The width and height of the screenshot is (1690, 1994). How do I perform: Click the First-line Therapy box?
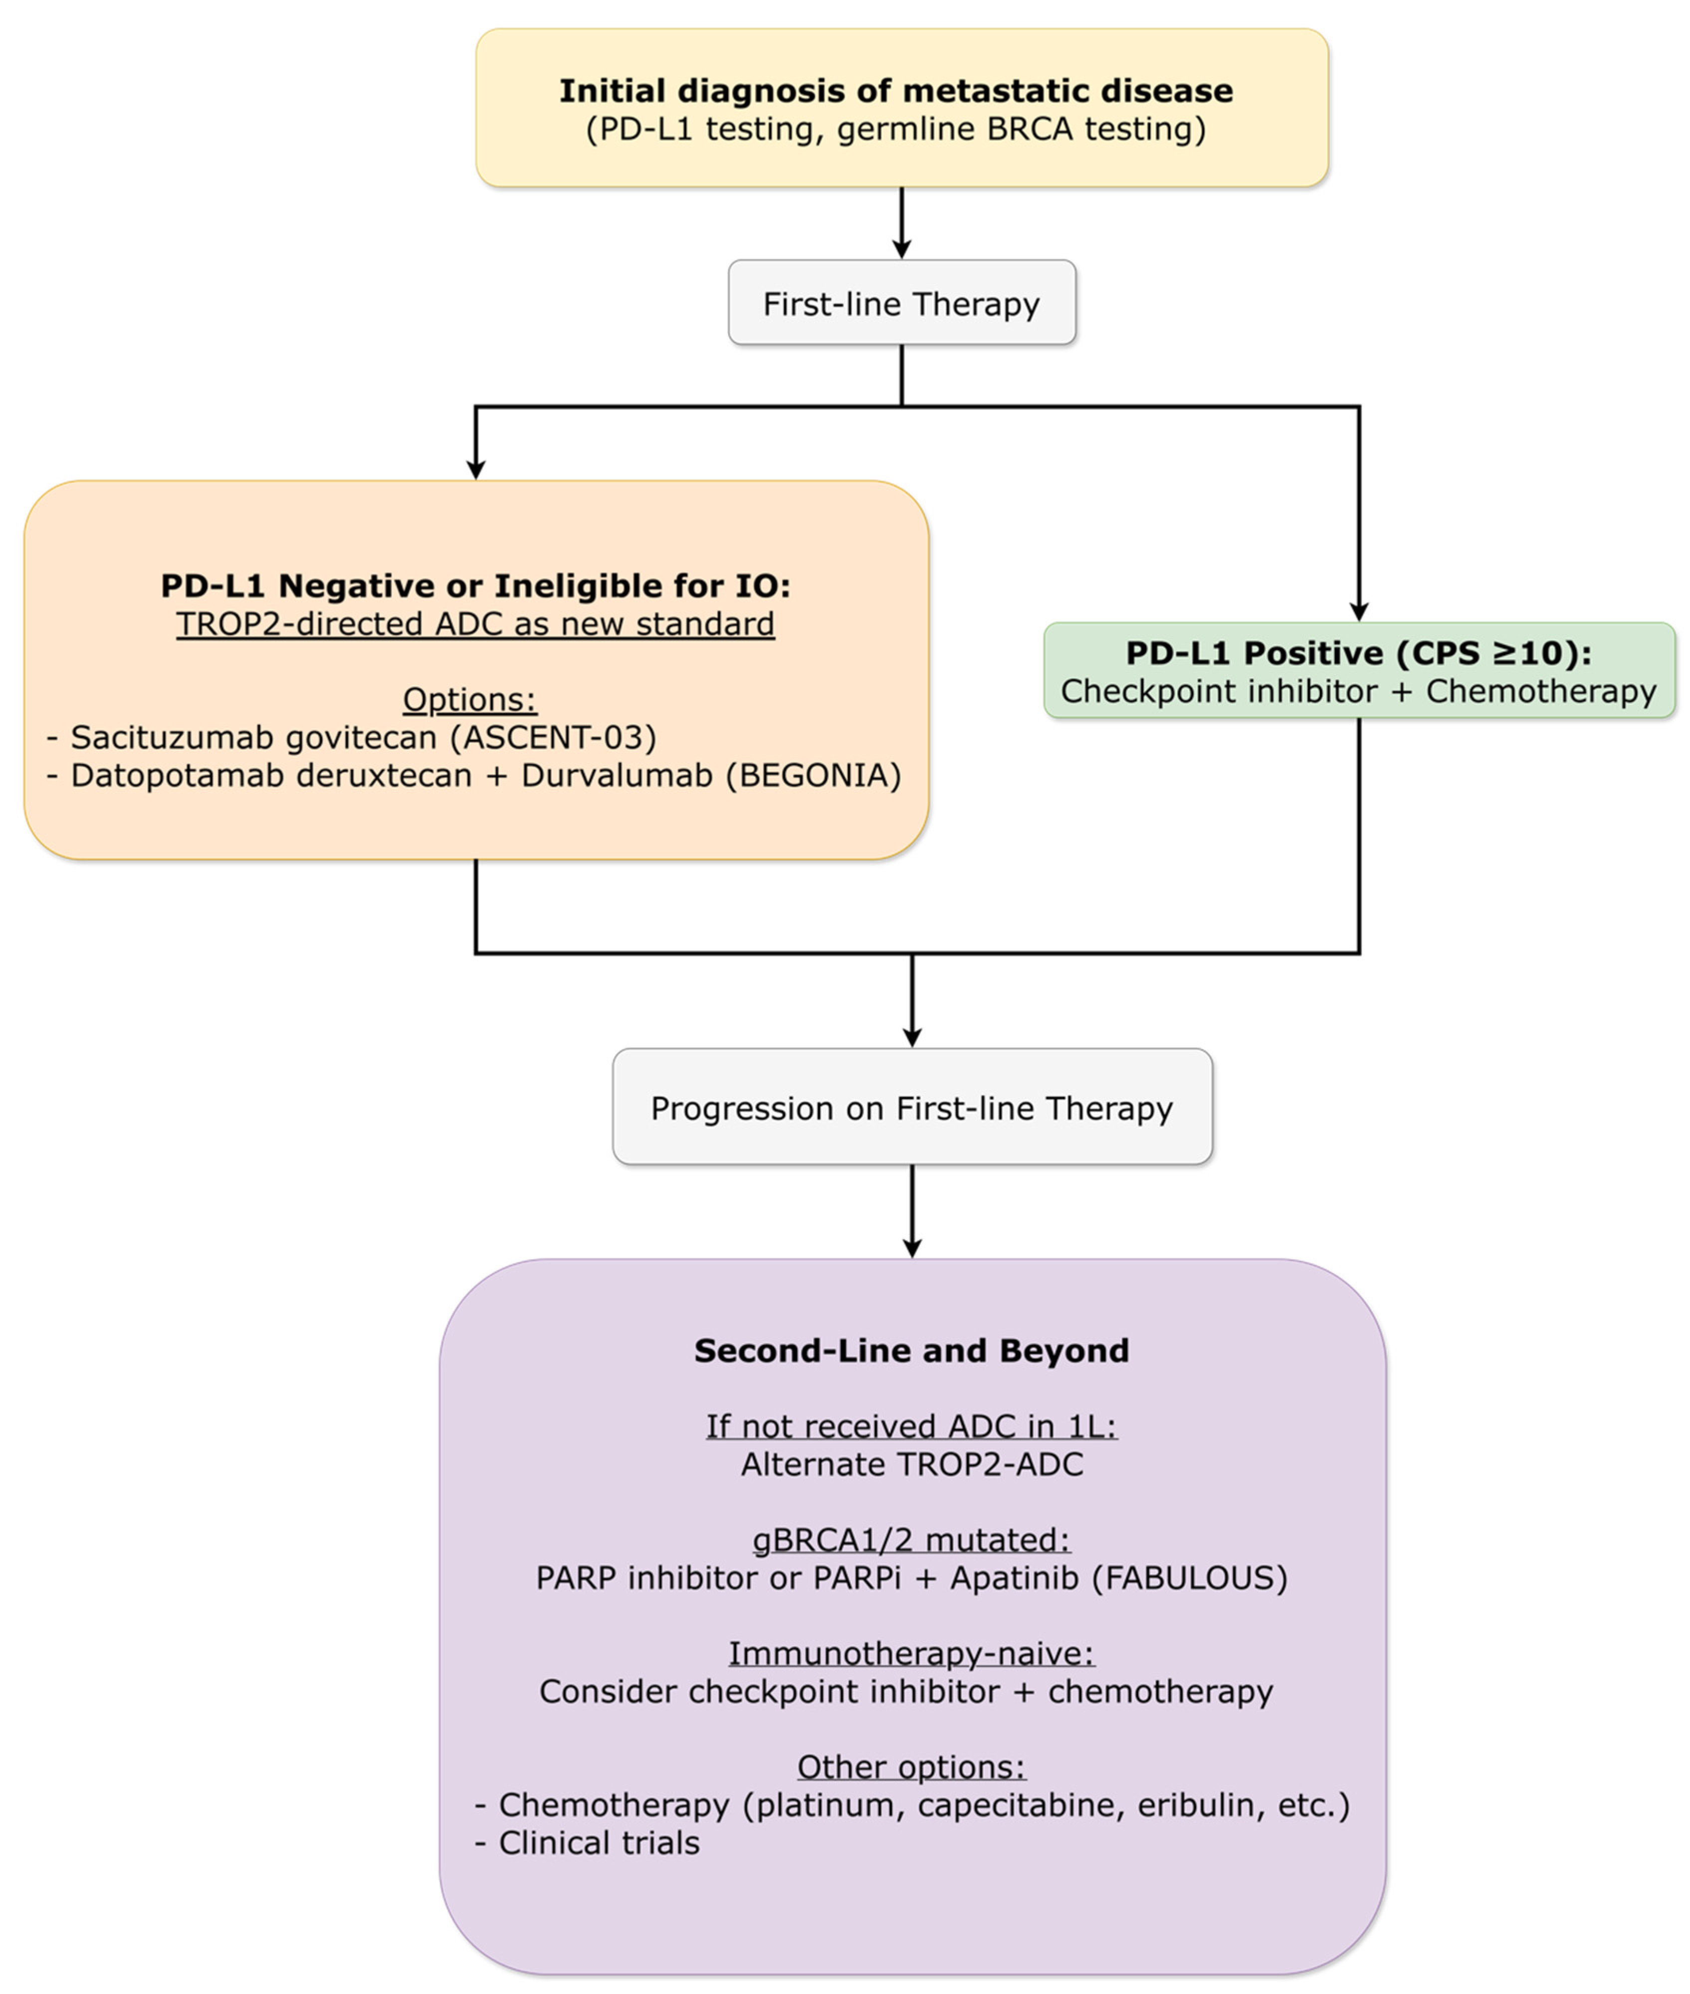click(x=901, y=303)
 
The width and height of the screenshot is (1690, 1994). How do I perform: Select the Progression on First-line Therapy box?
click(x=911, y=1107)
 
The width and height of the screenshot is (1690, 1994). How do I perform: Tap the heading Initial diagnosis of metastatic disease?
click(x=896, y=91)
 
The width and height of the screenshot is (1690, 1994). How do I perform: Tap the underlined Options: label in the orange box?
click(x=469, y=699)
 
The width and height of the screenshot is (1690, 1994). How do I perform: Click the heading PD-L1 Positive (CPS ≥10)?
click(x=1358, y=653)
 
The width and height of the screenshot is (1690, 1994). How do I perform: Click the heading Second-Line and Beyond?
click(x=911, y=1350)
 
